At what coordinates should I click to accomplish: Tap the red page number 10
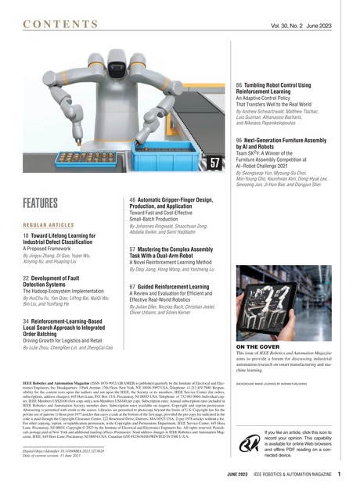pyautogui.click(x=26, y=235)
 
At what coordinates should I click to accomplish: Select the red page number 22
pyautogui.click(x=27, y=278)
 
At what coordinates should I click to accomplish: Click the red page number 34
pyautogui.click(x=27, y=321)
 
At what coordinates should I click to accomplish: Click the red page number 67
pyautogui.click(x=133, y=287)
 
